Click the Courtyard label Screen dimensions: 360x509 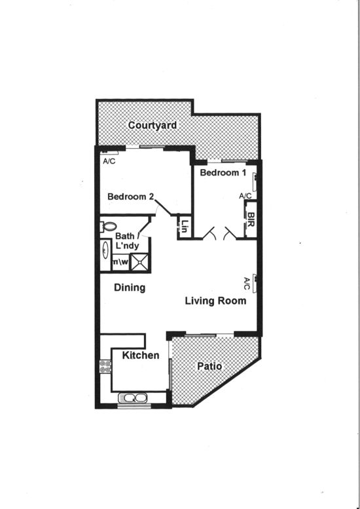coord(153,125)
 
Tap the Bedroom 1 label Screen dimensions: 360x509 coord(223,172)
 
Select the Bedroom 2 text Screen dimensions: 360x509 coord(130,197)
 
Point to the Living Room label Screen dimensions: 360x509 coord(216,301)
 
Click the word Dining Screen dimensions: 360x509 coord(130,288)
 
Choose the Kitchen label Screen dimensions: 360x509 coord(141,355)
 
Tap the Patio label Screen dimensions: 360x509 coord(209,366)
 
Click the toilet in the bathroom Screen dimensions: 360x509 coord(108,227)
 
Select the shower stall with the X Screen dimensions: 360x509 coord(140,262)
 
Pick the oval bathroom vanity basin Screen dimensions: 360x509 coord(105,251)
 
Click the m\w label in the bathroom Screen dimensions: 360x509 coord(120,261)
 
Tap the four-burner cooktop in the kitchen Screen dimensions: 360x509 coord(105,366)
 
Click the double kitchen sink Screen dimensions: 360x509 coord(133,398)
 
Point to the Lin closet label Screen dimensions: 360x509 coord(184,226)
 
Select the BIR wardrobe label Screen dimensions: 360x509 coord(251,219)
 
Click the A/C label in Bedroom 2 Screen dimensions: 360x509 coord(109,161)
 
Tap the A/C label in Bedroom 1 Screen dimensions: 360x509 coord(245,196)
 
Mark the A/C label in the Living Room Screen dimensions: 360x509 coord(247,284)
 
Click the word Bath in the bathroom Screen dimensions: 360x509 coord(124,236)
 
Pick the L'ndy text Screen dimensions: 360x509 coord(127,246)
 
